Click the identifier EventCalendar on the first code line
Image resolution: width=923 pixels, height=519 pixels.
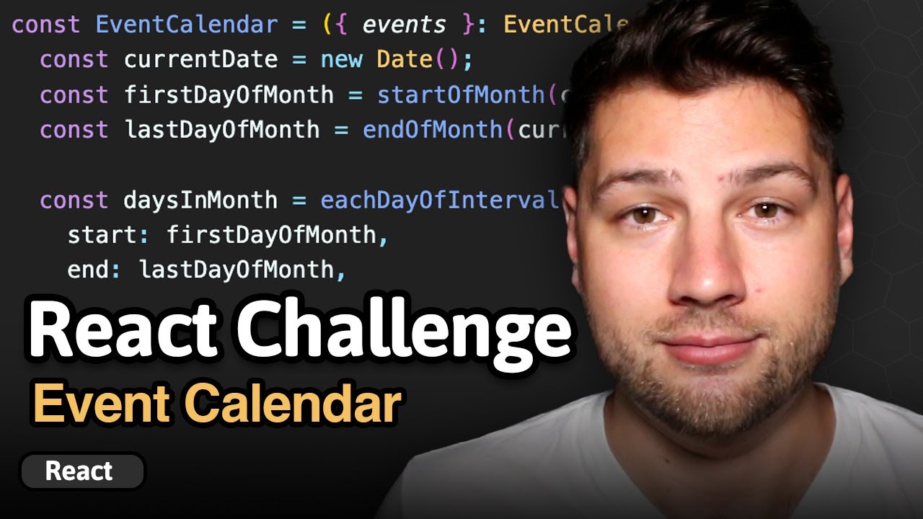pos(186,25)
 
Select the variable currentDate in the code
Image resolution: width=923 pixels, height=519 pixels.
pos(200,59)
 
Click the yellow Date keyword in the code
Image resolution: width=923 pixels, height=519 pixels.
pos(404,59)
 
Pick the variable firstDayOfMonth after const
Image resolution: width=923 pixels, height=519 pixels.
pos(229,94)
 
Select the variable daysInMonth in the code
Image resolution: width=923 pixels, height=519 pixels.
pos(200,200)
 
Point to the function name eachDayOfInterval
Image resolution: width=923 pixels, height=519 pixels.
pos(440,200)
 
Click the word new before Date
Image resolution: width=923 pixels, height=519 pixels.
pos(341,59)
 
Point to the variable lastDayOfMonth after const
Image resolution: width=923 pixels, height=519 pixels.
pos(221,130)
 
